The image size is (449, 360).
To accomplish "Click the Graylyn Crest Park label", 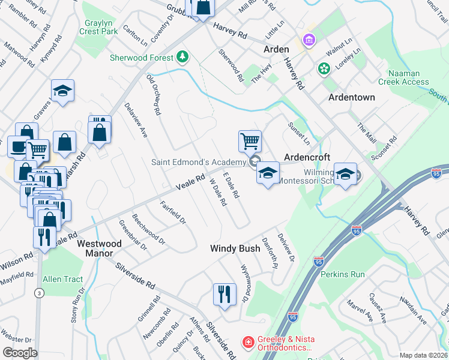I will pos(95,26).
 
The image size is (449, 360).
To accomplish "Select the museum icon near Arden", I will pos(309,40).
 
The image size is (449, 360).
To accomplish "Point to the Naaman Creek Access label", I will pos(403,77).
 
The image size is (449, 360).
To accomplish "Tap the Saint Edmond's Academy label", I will pos(198,162).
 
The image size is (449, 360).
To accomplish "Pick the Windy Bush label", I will pos(235,248).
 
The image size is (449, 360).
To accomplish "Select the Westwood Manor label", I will pos(99,248).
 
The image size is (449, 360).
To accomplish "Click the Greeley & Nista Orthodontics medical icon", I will pos(247,343).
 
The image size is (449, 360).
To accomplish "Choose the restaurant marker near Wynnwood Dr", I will pos(224,294).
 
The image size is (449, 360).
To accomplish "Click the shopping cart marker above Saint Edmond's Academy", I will pos(250,142).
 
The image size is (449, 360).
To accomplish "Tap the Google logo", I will pos(20,353).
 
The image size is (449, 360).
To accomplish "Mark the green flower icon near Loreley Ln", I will pos(324,68).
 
